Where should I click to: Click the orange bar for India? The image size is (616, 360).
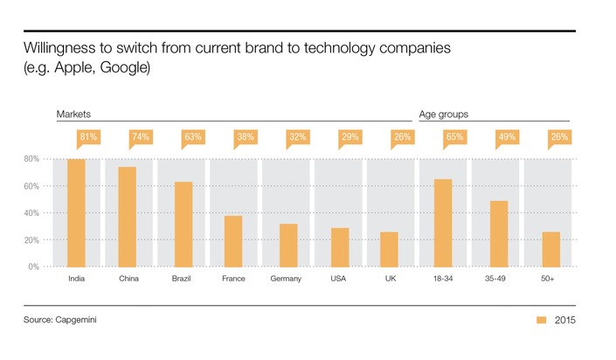pyautogui.click(x=76, y=212)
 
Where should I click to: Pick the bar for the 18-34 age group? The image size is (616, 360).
pyautogui.click(x=443, y=223)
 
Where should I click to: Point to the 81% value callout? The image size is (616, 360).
pyautogui.click(x=76, y=137)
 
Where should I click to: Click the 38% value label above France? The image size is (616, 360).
pyautogui.click(x=246, y=137)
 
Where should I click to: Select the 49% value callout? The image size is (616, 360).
pyautogui.click(x=497, y=137)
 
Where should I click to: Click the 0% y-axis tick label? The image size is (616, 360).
pyautogui.click(x=33, y=267)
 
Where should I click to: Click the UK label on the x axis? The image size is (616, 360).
pyautogui.click(x=391, y=280)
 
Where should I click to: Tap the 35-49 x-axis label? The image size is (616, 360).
pyautogui.click(x=497, y=280)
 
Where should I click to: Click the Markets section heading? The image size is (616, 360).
pyautogui.click(x=74, y=114)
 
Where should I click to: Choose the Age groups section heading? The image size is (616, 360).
pyautogui.click(x=444, y=114)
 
